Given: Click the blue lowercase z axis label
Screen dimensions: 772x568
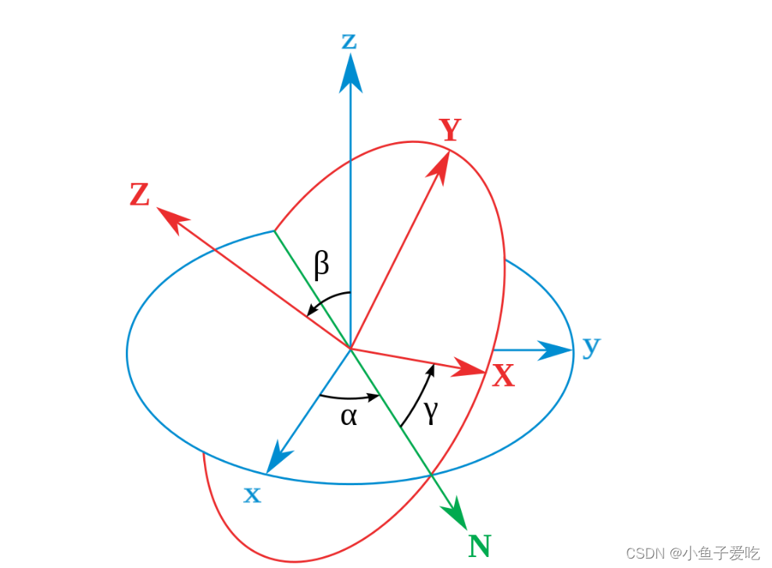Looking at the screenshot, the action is point(349,41).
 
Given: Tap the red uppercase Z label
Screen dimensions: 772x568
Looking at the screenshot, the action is point(140,195).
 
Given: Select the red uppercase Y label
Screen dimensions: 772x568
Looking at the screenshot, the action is point(450,130).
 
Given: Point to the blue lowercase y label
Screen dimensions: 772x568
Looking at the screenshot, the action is point(592,345).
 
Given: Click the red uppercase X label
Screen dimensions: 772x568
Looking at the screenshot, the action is point(503,377).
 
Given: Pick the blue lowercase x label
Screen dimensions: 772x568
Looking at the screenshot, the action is point(252,495).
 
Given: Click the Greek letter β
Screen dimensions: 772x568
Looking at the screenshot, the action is point(321,265).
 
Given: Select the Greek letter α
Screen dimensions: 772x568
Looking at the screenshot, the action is point(348,416).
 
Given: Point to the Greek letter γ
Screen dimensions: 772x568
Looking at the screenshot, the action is point(431,412).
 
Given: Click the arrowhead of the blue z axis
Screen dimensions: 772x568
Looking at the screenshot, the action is point(350,73).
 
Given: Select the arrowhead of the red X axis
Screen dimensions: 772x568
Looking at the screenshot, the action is point(474,367).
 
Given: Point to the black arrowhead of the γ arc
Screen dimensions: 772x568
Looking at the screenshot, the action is point(431,368).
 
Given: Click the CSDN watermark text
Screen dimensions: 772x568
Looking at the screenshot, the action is point(693,553).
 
